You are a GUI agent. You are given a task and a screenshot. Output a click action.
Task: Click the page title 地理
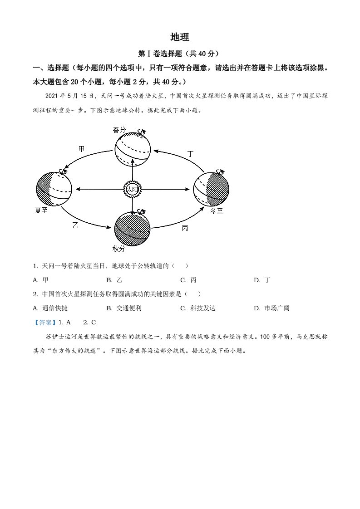179,37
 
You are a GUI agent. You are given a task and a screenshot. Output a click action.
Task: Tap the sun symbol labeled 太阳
132,189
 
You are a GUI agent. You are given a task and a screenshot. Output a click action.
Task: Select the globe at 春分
132,150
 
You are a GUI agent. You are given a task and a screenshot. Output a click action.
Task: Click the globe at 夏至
54,189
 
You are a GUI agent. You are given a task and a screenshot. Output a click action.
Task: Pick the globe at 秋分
133,229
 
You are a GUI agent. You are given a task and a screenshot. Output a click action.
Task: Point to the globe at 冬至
211,189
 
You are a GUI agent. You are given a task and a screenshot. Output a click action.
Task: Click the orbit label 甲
81,149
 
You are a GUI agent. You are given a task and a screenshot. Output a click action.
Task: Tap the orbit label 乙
75,225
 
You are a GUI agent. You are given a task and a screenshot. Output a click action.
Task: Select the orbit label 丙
185,228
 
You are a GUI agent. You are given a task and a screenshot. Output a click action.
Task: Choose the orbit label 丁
190,154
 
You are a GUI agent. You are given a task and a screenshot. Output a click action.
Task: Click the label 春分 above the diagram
119,130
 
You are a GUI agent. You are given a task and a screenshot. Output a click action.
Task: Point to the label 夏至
41,210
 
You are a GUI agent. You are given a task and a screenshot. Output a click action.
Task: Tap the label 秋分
118,248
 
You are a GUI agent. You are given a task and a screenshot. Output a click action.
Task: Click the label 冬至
217,211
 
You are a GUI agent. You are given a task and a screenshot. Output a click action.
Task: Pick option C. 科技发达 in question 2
198,308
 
